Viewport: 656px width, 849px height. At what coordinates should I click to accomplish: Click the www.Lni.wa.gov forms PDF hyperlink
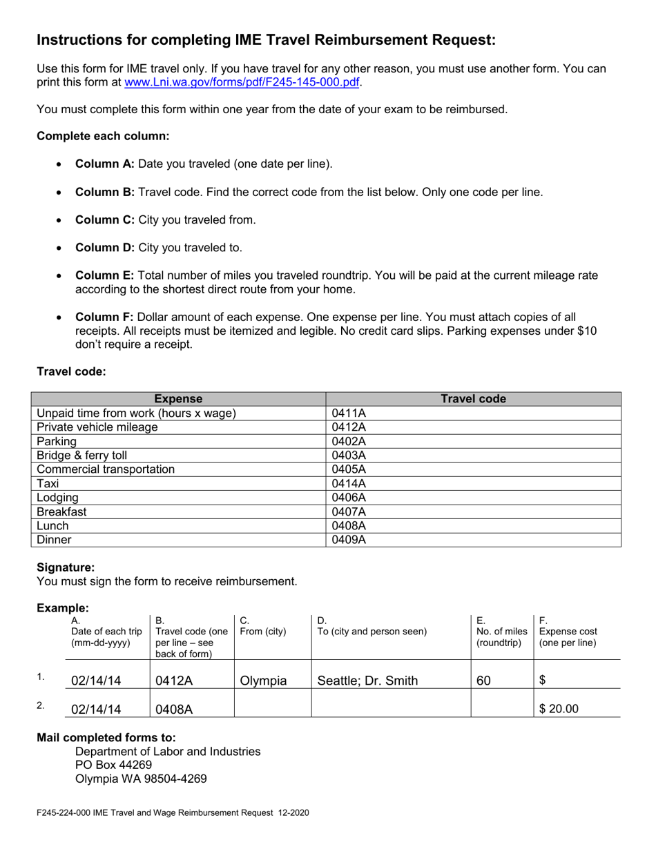(242, 82)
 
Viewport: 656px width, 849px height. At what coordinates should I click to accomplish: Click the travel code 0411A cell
(348, 413)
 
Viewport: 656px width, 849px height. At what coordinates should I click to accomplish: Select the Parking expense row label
(57, 442)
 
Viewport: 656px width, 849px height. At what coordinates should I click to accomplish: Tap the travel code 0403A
(348, 456)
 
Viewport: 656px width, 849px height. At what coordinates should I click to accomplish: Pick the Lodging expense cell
(57, 498)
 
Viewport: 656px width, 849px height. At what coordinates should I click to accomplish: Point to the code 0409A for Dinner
(348, 540)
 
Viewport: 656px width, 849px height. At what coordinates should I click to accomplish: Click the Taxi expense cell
(48, 484)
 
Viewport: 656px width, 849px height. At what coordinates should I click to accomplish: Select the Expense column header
(178, 399)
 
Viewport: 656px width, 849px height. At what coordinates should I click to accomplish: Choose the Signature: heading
(66, 567)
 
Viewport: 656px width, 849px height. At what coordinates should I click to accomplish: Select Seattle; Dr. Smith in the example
(367, 681)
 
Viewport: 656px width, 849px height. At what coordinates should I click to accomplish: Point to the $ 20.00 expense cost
(559, 708)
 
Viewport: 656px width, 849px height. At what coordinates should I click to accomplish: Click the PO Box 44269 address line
(113, 765)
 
